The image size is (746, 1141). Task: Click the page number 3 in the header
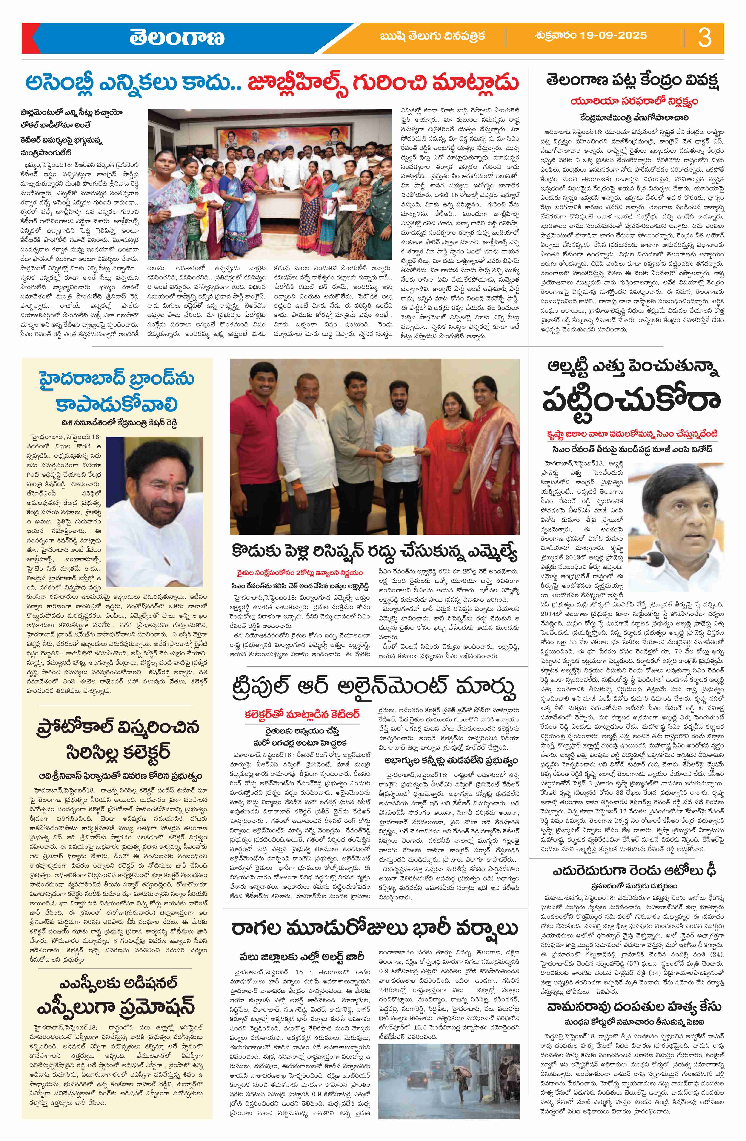coord(704,37)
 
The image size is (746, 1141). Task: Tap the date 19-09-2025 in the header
coord(592,35)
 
